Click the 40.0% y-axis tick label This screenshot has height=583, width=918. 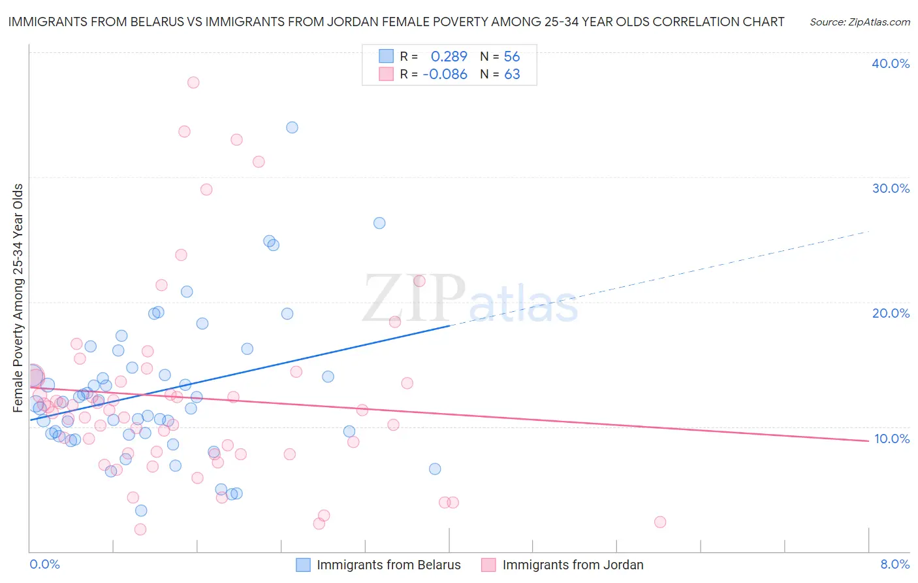pyautogui.click(x=891, y=63)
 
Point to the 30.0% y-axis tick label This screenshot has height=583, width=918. pyautogui.click(x=891, y=188)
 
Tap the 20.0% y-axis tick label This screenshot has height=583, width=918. pyautogui.click(x=891, y=313)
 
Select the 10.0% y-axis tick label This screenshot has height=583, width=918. pyautogui.click(x=891, y=439)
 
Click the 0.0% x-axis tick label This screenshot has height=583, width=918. pyautogui.click(x=45, y=564)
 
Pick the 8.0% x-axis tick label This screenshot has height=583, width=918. pyautogui.click(x=894, y=564)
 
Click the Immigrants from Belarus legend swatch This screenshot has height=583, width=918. pyautogui.click(x=303, y=565)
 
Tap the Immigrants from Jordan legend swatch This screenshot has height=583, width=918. pyautogui.click(x=488, y=565)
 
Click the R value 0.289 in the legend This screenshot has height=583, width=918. pyautogui.click(x=449, y=56)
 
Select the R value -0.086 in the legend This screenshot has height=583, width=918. pyautogui.click(x=445, y=75)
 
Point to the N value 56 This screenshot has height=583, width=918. pyautogui.click(x=511, y=56)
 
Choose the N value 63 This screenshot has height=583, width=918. pyautogui.click(x=512, y=75)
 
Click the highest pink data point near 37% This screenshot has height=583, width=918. pyautogui.click(x=193, y=82)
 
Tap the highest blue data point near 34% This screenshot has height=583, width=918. pyautogui.click(x=292, y=127)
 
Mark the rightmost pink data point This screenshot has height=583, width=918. pyautogui.click(x=660, y=522)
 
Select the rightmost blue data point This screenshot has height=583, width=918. pyautogui.click(x=435, y=469)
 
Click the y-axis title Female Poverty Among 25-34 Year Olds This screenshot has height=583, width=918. pyautogui.click(x=18, y=297)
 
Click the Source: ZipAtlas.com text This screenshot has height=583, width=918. pyautogui.click(x=859, y=22)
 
